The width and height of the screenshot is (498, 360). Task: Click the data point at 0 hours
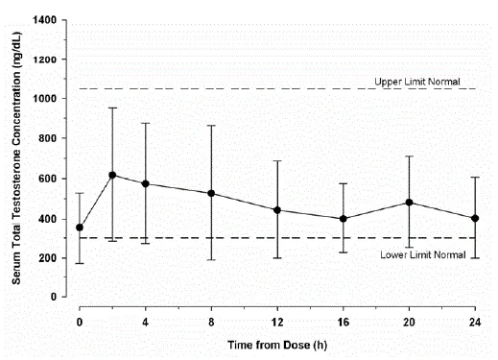pyautogui.click(x=79, y=228)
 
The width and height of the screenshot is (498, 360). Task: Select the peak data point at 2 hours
pyautogui.click(x=112, y=175)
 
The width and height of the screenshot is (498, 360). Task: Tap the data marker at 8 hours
pyautogui.click(x=212, y=193)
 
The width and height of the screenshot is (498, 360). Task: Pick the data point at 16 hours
pyautogui.click(x=344, y=218)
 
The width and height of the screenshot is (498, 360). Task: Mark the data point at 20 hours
pyautogui.click(x=410, y=203)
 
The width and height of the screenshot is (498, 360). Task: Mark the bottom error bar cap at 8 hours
pyautogui.click(x=212, y=260)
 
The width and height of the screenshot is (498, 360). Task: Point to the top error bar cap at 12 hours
pyautogui.click(x=277, y=160)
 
